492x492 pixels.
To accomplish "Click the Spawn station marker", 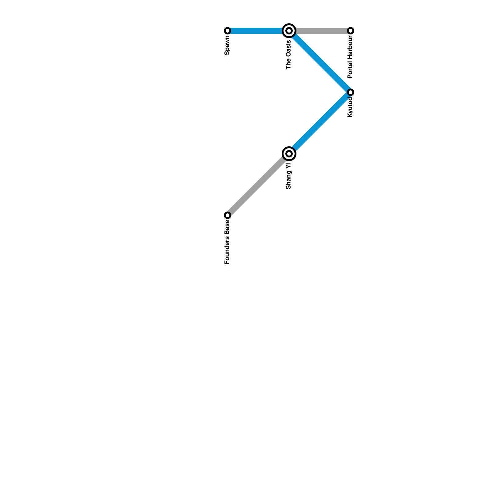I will click(x=228, y=31).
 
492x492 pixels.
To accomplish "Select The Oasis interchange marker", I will click(x=289, y=31).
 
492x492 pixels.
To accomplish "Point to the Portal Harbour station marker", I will click(x=351, y=31).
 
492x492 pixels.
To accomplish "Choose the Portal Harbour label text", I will click(x=350, y=57).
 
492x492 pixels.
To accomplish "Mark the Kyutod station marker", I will click(x=351, y=92).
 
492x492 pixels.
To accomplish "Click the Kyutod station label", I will click(x=350, y=107).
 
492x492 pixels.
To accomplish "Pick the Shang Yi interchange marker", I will click(x=289, y=153).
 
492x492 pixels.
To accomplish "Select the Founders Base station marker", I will click(x=228, y=215).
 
